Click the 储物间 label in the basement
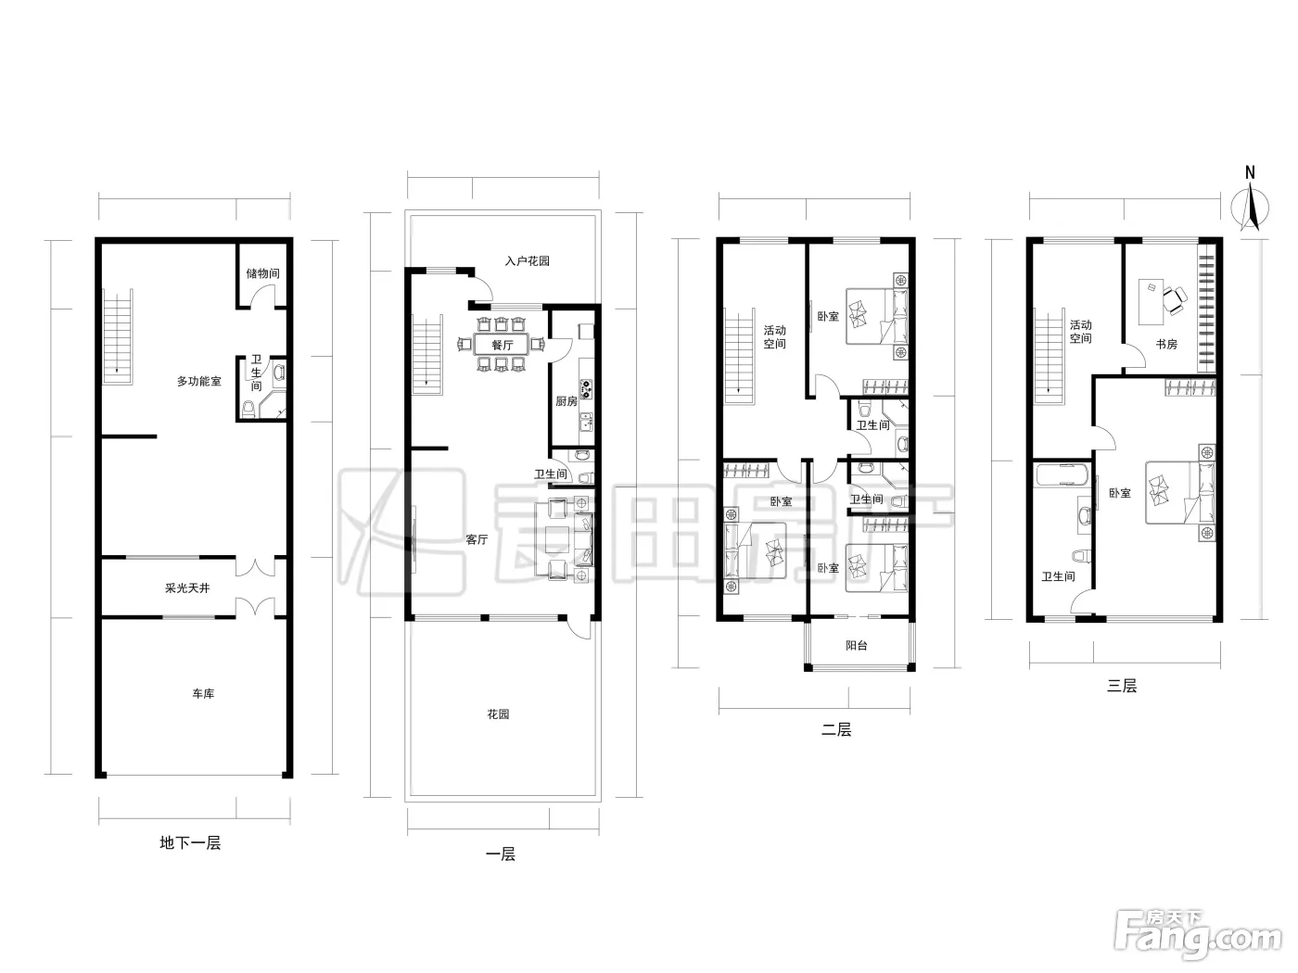point(262,273)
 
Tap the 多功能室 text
point(199,382)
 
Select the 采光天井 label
point(187,588)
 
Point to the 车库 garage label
point(203,694)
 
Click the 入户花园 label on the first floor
point(528,261)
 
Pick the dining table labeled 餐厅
point(502,345)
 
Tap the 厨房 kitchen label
point(566,402)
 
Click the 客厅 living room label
point(477,539)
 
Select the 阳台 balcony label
point(857,646)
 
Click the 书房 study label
point(1166,344)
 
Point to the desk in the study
point(1151,302)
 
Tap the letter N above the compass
point(1250,172)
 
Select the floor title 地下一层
point(190,843)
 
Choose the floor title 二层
point(836,730)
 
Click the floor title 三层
point(1122,686)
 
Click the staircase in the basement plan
point(118,336)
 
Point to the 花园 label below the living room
point(498,714)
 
